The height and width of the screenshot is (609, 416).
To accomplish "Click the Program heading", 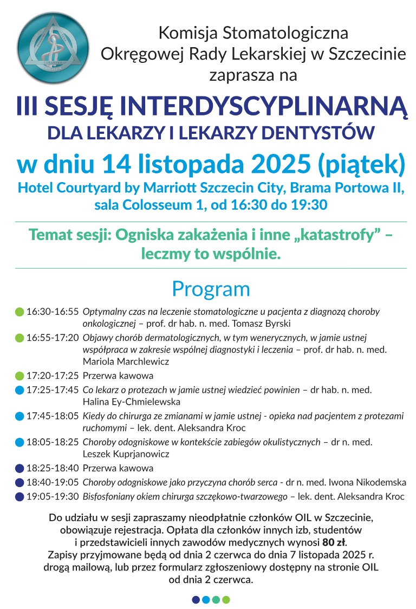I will (x=211, y=289).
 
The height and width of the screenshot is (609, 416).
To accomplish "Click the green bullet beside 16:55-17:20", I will (x=19, y=338).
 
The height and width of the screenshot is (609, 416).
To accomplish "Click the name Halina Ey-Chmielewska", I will (x=132, y=402).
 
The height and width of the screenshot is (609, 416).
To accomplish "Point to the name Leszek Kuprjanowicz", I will (x=126, y=454).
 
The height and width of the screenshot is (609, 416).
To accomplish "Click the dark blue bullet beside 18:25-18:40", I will (x=19, y=468).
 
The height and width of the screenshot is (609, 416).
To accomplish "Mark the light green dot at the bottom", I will (x=226, y=600).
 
